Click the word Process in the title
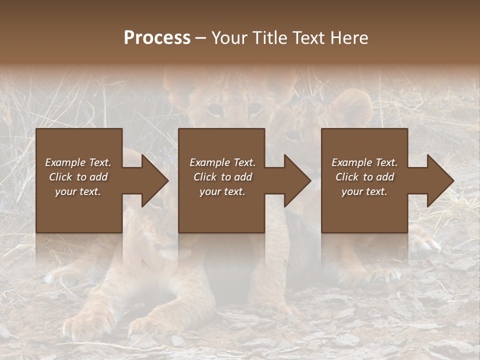click(x=157, y=38)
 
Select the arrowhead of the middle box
click(x=296, y=180)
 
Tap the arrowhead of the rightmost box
click(x=439, y=180)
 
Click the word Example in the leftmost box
click(x=65, y=162)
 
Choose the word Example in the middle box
click(x=209, y=162)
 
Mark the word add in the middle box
click(x=242, y=177)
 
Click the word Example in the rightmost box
click(x=351, y=162)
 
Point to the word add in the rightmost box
click(x=384, y=177)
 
